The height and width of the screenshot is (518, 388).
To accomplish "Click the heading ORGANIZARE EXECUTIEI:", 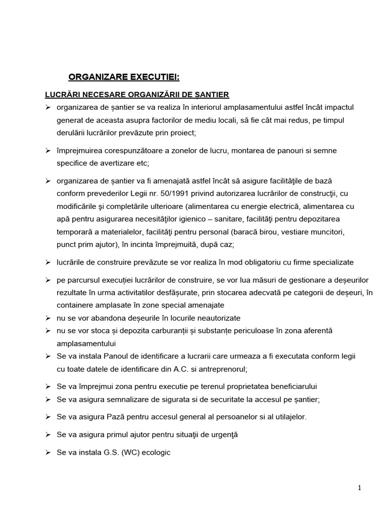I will click(124, 77).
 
